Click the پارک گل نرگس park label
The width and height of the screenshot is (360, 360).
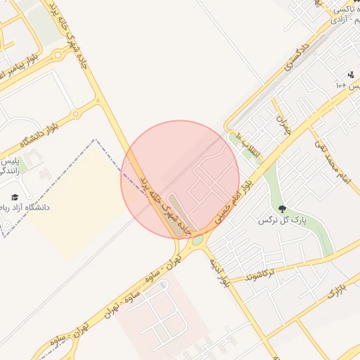coord(289,221)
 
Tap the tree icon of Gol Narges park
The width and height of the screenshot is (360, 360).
coord(283,210)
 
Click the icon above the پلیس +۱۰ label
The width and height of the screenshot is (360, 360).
coord(351,75)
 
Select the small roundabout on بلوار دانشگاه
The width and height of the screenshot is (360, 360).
coord(75,113)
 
